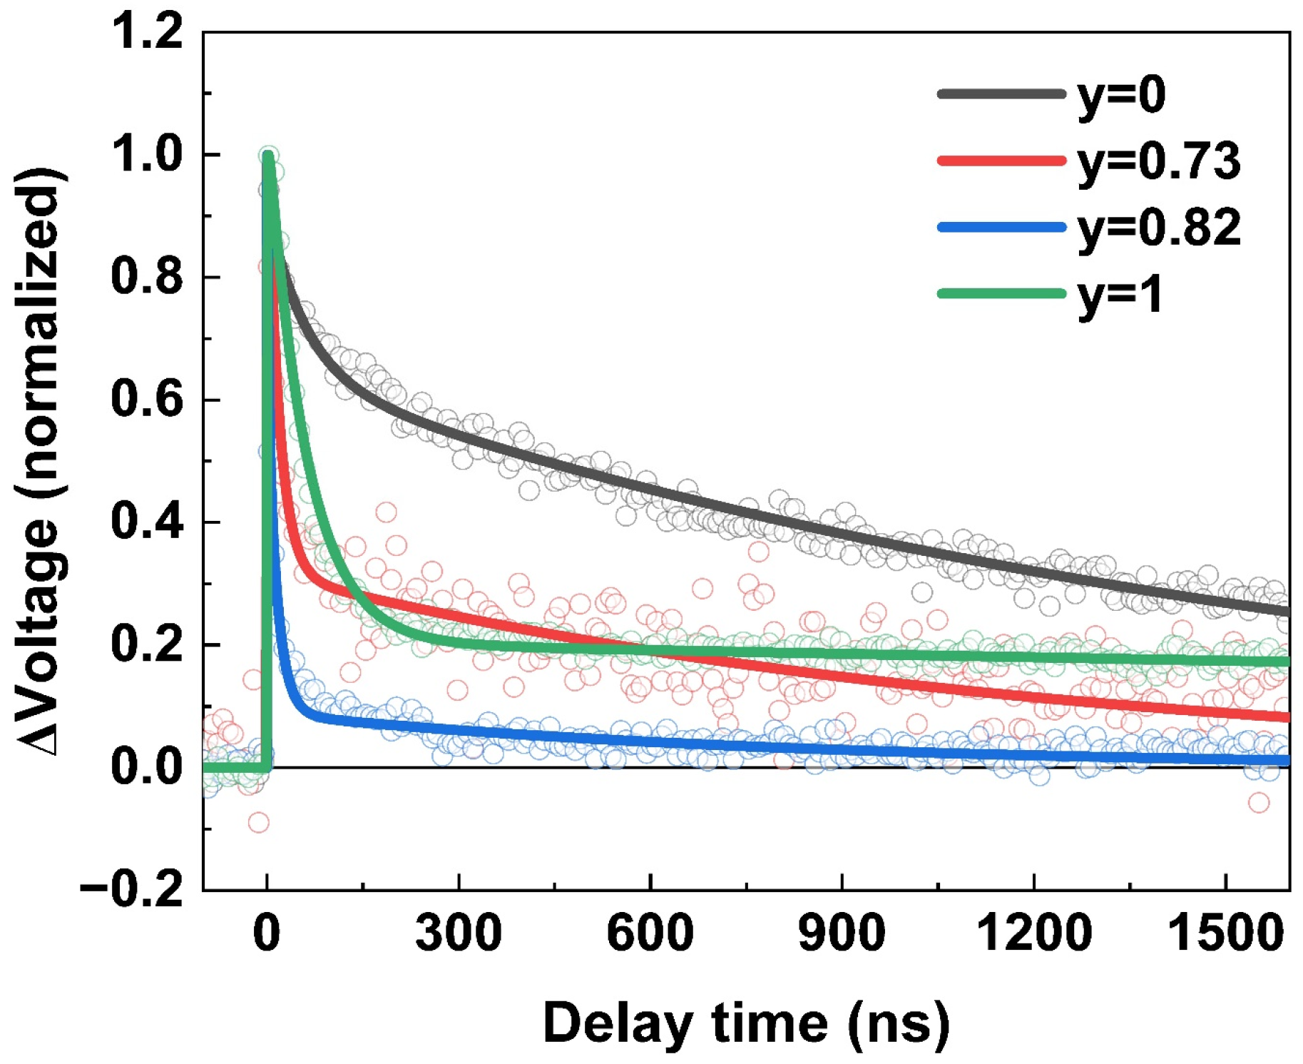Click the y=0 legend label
(x=1122, y=96)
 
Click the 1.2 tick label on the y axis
(x=147, y=33)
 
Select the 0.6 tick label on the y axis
(x=147, y=400)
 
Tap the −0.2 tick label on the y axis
(x=133, y=889)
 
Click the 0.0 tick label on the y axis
(x=147, y=767)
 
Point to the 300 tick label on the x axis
(x=458, y=933)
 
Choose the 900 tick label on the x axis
(x=842, y=933)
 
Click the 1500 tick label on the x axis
(x=1225, y=933)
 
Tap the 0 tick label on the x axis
(x=267, y=933)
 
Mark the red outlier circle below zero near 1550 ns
(x=1259, y=803)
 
